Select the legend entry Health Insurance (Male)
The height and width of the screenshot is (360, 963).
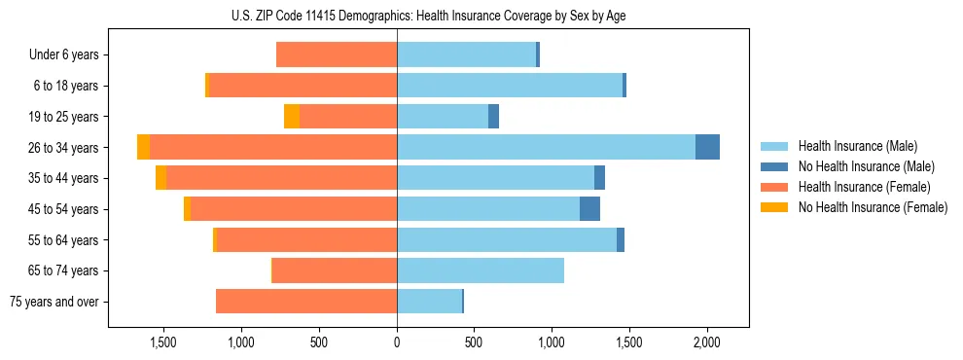857,146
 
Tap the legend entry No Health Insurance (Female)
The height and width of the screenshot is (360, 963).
873,207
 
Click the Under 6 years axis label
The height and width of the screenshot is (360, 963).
64,55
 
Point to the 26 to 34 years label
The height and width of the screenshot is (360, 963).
65,148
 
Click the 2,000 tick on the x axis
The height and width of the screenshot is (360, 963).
706,342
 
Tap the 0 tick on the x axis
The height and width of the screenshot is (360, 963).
397,342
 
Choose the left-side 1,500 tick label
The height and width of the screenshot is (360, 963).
162,342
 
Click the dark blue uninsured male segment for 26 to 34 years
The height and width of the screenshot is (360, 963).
707,147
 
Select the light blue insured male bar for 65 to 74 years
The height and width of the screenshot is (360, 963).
481,270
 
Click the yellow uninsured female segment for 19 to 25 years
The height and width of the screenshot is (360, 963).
292,117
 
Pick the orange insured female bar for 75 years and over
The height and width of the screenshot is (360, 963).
306,302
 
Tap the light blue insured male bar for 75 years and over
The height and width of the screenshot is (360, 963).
429,302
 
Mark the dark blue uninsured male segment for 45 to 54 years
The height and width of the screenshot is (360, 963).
589,209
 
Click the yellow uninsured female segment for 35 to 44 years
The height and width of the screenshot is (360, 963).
160,178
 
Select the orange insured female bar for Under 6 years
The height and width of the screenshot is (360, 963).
337,55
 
